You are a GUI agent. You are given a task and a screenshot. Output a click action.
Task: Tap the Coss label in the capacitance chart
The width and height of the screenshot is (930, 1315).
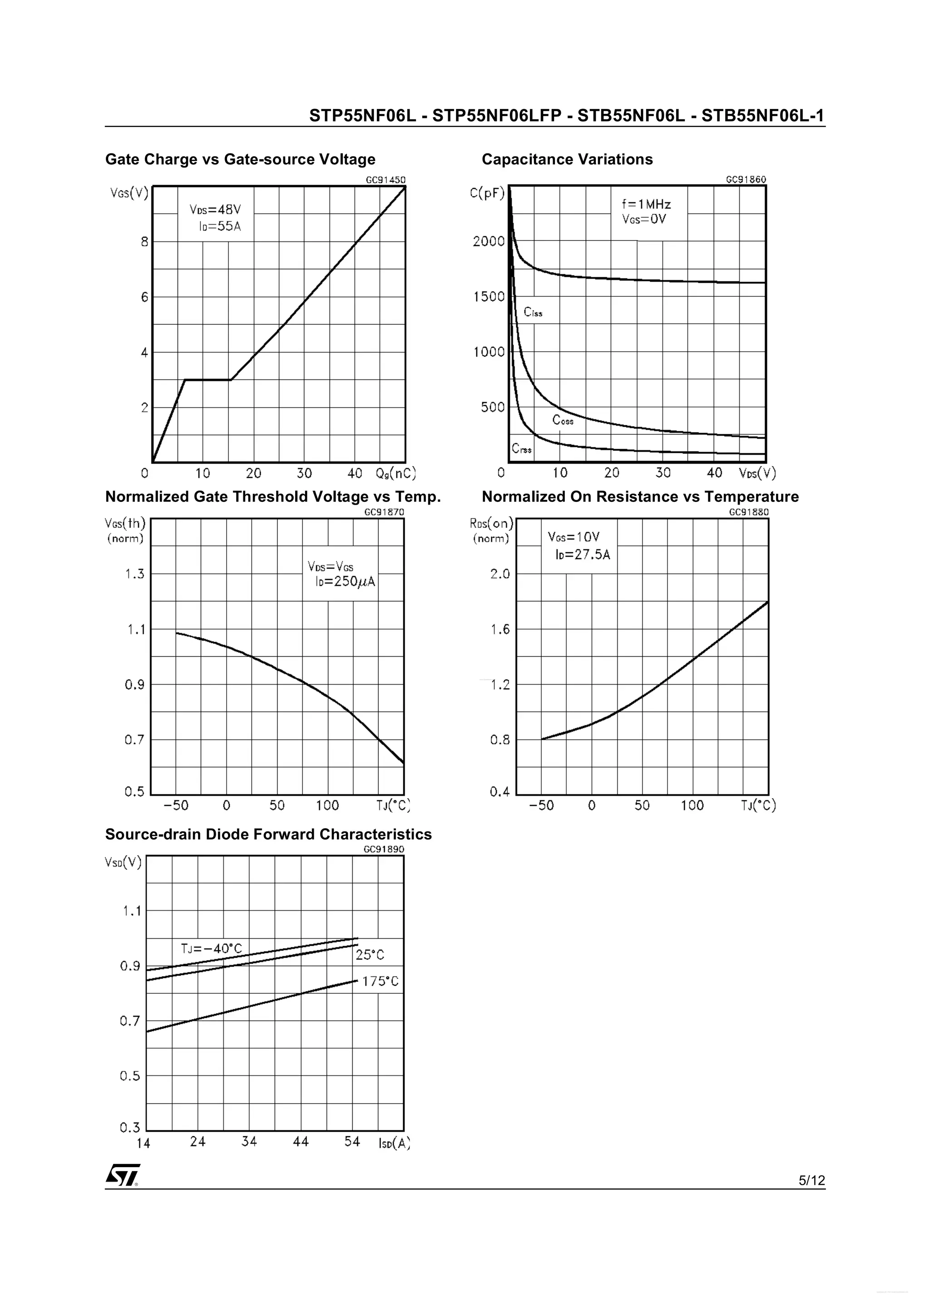coord(562,420)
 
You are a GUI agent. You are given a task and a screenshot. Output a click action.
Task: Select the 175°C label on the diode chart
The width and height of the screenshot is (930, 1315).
coord(380,981)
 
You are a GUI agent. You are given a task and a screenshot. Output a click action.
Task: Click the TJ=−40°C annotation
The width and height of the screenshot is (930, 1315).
coord(212,948)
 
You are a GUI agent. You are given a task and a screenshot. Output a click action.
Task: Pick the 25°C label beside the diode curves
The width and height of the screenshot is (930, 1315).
coord(370,955)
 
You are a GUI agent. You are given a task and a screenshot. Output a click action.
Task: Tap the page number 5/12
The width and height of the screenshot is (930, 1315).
coord(811,1180)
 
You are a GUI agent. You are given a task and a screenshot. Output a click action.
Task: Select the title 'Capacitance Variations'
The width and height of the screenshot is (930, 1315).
coord(567,159)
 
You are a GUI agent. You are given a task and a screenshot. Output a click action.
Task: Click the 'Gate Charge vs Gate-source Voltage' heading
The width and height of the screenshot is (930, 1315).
coord(240,159)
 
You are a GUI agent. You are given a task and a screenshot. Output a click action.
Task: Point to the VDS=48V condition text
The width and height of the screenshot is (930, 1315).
coord(215,210)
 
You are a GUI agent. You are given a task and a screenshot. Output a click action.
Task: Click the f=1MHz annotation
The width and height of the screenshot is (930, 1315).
coord(646,204)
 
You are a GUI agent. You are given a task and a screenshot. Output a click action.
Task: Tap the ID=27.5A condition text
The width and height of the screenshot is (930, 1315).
coord(582,554)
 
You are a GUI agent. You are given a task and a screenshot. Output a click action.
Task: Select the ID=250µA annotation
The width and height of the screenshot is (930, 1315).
coord(345,582)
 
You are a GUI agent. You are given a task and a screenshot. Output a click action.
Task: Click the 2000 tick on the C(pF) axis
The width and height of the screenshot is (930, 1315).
coord(488,241)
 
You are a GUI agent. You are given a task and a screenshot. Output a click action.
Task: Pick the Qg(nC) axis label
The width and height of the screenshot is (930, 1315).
coord(396,473)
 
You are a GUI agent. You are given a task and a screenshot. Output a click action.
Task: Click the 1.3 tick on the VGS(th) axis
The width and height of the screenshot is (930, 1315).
coord(135,574)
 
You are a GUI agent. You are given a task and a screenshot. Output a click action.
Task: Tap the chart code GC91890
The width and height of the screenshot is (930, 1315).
coord(384,849)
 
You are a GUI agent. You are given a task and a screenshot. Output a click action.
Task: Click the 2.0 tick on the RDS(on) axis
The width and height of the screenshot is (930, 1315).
coord(500,574)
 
